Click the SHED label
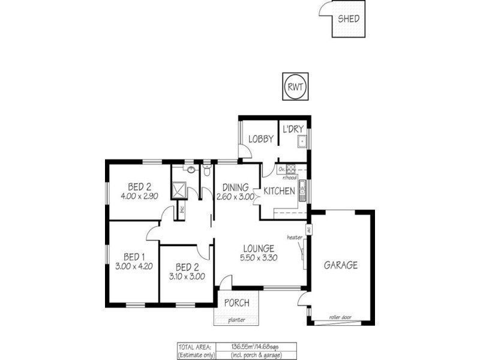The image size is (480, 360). coord(349,19)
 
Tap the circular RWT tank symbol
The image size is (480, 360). coord(295,86)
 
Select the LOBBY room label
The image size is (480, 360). coord(261,139)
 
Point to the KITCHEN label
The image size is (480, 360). coord(279,191)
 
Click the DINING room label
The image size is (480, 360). coord(235,187)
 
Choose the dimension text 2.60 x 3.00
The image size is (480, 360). coord(235,197)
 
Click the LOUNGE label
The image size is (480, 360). coord(259,248)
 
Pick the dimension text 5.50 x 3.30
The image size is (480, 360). coord(259,257)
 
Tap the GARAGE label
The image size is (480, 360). coord(341,265)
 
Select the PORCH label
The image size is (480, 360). coord(237,303)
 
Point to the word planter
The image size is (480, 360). coord(237,320)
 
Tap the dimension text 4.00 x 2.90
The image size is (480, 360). coord(139,196)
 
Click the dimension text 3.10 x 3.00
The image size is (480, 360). coord(187,277)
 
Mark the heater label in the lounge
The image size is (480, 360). coord(294,237)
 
